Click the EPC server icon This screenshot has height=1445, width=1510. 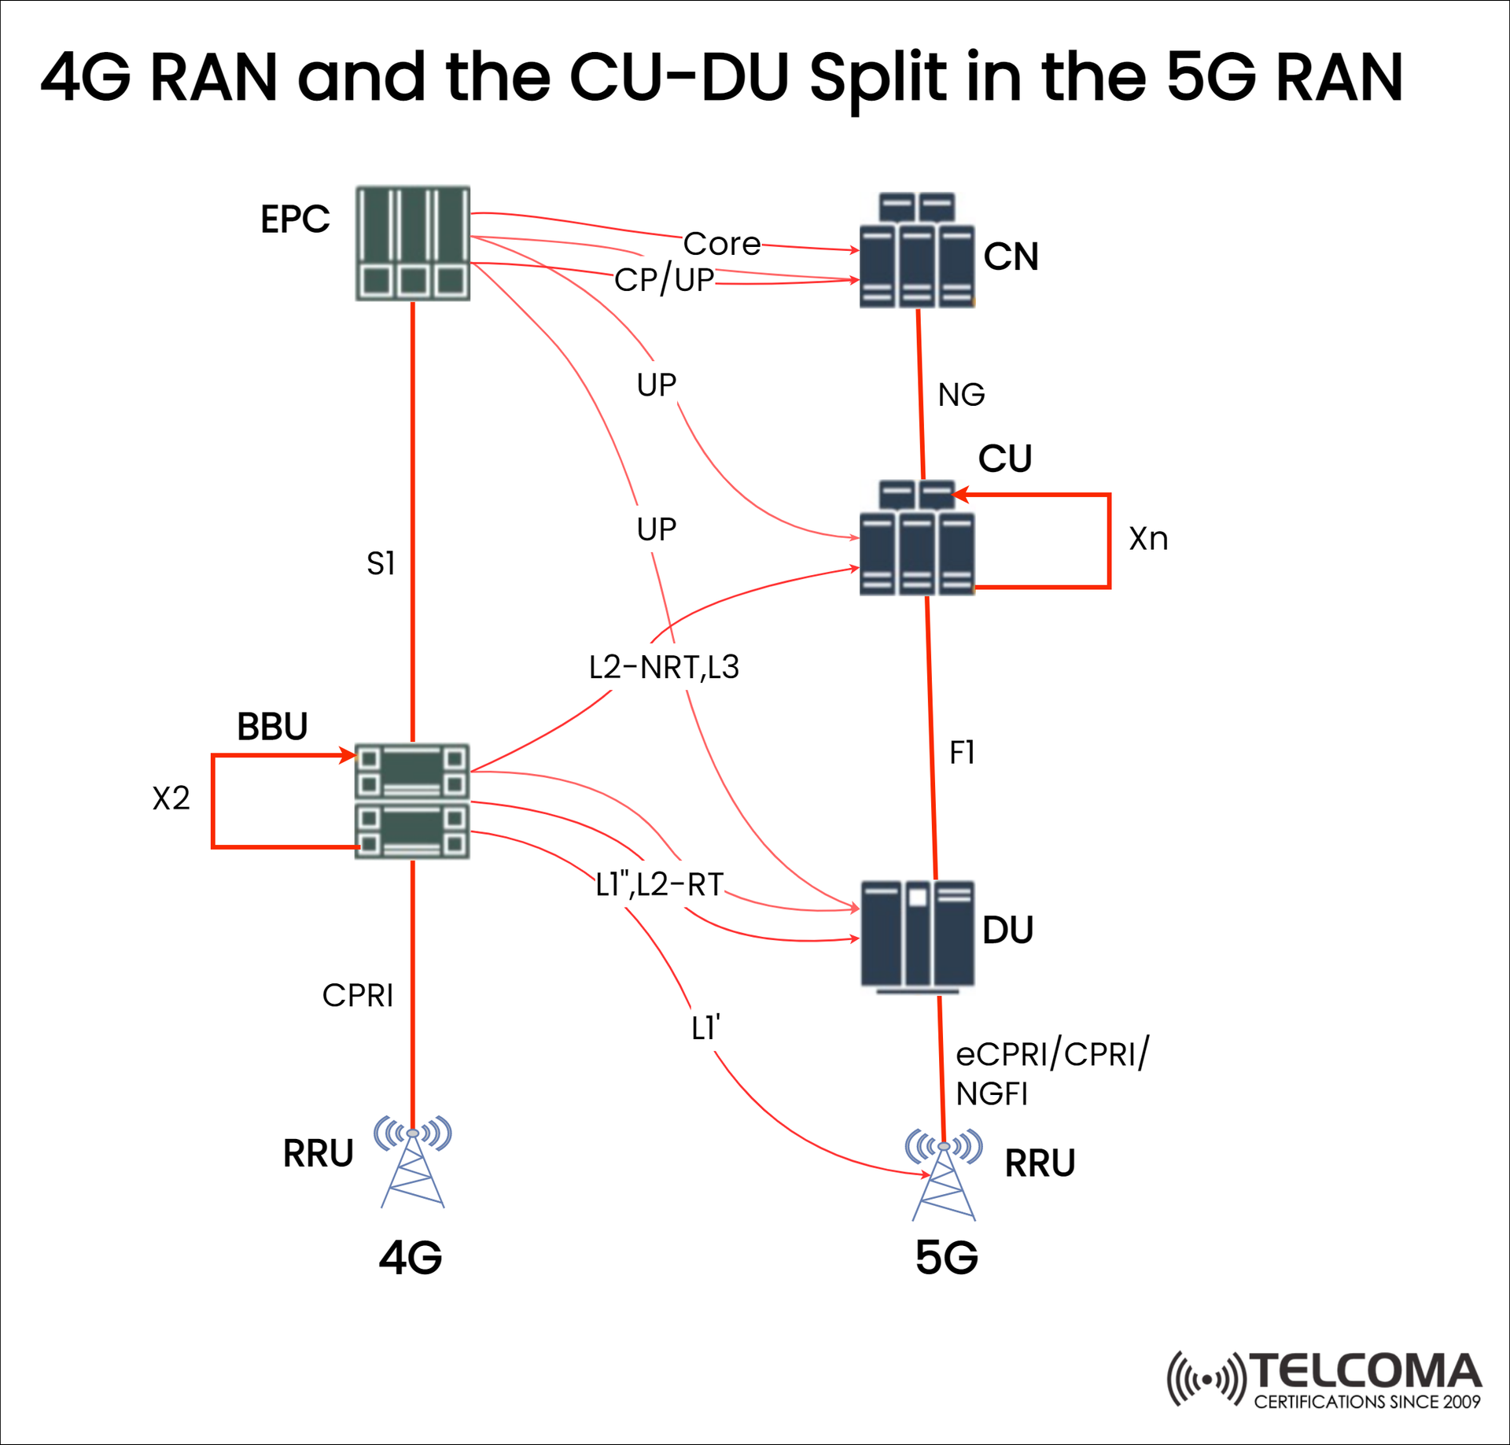[x=413, y=243]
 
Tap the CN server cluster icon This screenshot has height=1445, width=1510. [x=917, y=250]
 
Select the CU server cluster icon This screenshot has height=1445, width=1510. [x=917, y=538]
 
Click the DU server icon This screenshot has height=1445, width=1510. [x=917, y=936]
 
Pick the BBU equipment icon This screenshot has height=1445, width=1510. [x=412, y=801]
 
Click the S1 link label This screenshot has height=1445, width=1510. [x=381, y=563]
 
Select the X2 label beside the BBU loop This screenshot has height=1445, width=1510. [x=171, y=798]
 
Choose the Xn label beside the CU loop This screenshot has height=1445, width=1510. [x=1148, y=539]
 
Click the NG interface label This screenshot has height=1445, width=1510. [x=961, y=395]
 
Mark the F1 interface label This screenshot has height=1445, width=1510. [x=962, y=753]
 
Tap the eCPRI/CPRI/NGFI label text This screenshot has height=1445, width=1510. [x=1051, y=1073]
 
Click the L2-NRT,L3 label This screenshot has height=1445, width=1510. [x=664, y=667]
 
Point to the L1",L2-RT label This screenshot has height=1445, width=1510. [x=659, y=885]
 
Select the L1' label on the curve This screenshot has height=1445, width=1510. [x=705, y=1028]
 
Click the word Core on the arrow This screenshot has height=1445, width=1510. [x=721, y=244]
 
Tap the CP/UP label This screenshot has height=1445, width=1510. [x=664, y=280]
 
